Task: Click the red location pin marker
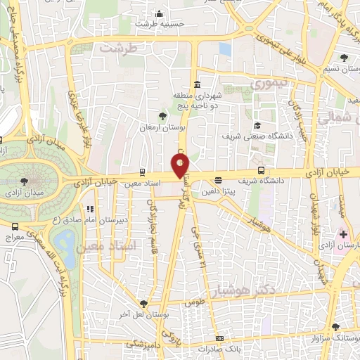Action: pos(181,166)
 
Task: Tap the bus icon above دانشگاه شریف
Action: pos(262,170)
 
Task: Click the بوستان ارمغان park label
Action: pos(161,129)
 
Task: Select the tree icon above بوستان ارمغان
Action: pos(163,115)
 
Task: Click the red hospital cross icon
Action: pos(344,233)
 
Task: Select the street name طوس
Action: pos(194,303)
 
